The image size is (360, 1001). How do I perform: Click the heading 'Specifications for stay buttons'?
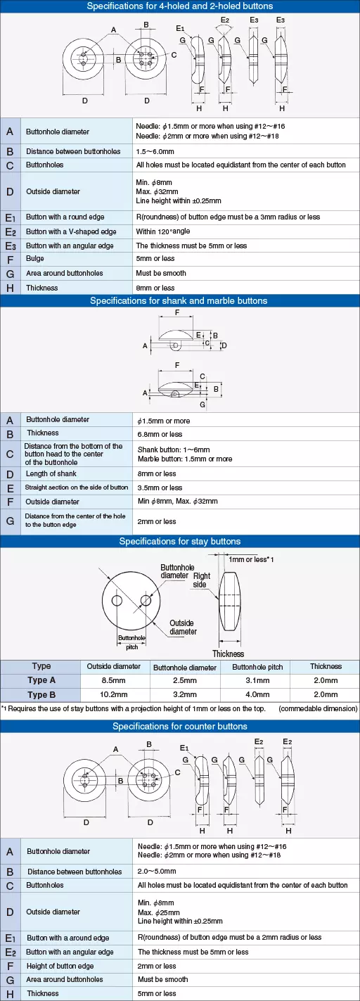179,541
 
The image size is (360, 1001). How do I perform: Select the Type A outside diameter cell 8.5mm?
113,680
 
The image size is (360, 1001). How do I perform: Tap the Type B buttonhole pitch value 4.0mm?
257,694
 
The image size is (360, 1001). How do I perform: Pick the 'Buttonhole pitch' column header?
257,667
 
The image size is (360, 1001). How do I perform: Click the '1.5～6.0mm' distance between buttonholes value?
155,151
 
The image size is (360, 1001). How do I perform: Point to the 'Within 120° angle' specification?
163,231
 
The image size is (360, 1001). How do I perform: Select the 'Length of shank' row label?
51,473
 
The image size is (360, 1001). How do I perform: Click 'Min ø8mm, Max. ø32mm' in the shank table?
178,502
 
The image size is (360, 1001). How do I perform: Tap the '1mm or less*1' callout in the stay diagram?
251,559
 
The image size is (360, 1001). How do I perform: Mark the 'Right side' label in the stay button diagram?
201,580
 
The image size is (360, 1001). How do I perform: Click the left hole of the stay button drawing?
117,600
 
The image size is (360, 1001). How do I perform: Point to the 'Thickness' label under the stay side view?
229,653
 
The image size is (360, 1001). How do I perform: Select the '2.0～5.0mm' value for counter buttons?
157,872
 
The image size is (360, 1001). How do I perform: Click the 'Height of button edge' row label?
60,966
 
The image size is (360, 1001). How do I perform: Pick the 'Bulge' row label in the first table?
35,258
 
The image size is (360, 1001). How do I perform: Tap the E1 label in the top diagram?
180,29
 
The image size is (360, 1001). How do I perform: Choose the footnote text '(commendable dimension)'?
318,709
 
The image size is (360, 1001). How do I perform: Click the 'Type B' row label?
41,694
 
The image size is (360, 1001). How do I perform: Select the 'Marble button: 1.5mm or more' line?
185,459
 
